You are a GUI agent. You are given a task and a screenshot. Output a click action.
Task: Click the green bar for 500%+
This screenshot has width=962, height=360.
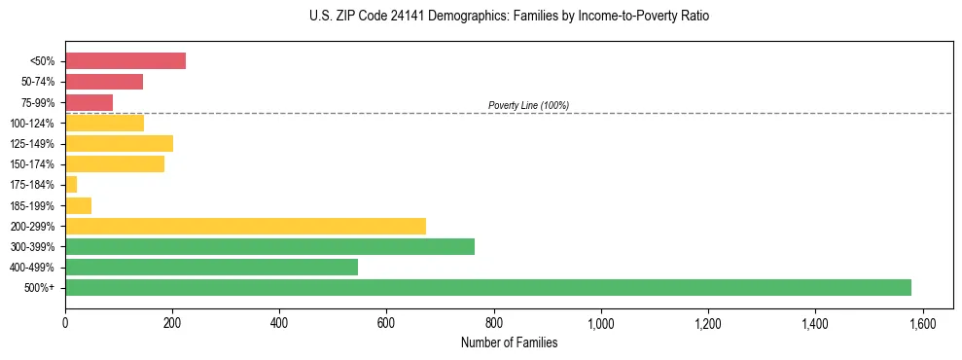tap(487, 287)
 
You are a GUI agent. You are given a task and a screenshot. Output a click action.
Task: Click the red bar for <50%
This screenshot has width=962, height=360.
tap(125, 60)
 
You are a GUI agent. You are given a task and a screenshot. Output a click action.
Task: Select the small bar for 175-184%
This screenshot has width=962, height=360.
tap(71, 184)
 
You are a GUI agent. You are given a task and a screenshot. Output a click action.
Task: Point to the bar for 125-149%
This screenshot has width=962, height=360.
tap(119, 143)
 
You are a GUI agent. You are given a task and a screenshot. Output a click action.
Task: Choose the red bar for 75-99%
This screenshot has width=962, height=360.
tap(89, 102)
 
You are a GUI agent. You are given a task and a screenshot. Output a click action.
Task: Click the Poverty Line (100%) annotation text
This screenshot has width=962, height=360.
tap(528, 105)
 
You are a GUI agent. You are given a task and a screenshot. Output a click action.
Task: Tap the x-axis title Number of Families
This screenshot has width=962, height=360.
tap(510, 342)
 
